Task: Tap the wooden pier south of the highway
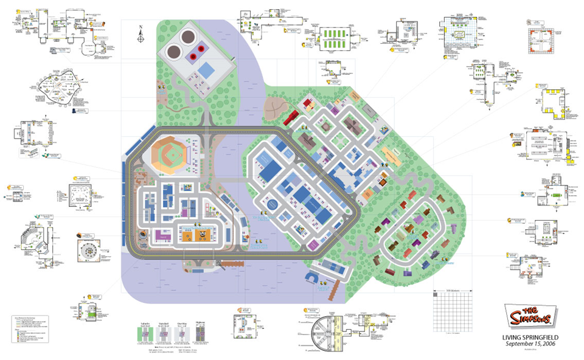(229, 263)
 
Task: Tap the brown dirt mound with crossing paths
(277, 108)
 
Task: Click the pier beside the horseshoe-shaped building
(332, 292)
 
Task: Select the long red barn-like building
(290, 115)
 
